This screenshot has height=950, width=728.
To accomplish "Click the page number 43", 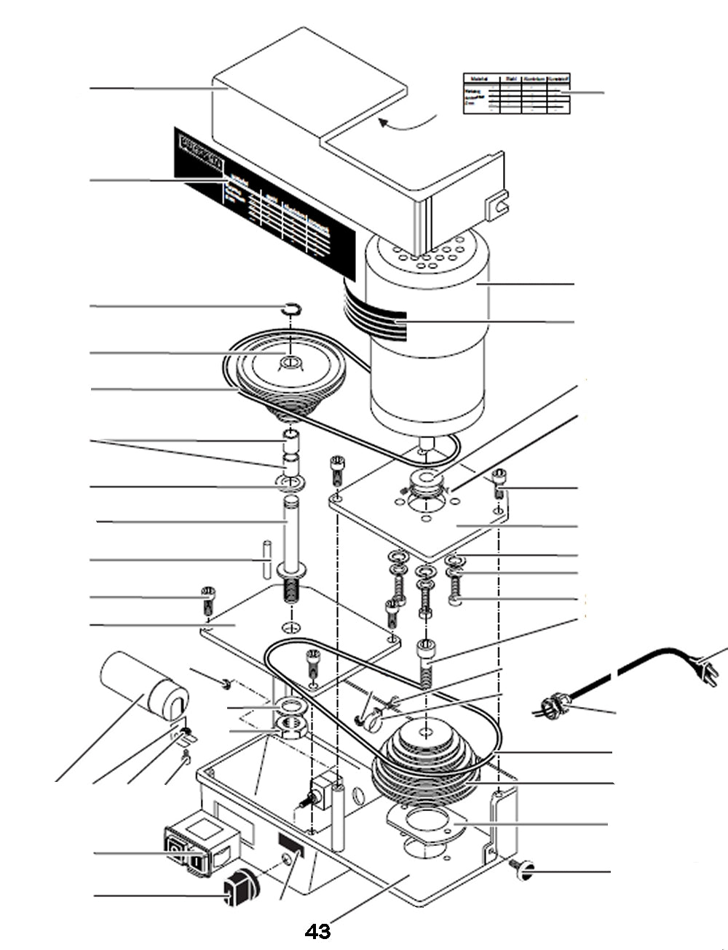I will (318, 931).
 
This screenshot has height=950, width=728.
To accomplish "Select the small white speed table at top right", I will (516, 93).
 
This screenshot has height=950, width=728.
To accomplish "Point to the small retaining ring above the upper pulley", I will (291, 309).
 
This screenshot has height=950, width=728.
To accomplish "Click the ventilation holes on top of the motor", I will (430, 251).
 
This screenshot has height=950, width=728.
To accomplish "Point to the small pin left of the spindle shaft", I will (267, 559).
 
